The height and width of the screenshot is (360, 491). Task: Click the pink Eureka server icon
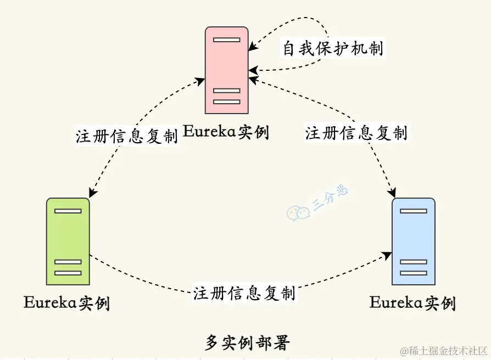pos(227,70)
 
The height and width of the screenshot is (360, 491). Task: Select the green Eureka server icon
pos(68,241)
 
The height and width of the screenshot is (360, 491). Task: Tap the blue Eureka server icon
pos(414,241)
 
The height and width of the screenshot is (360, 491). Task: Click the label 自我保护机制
pos(333,48)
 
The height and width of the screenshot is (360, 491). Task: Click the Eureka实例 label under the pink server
pos(226,132)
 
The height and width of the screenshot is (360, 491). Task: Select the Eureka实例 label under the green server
pos(66,302)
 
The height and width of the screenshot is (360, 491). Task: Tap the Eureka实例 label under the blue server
pos(412,302)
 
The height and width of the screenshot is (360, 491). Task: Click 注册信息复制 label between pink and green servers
pos(127,136)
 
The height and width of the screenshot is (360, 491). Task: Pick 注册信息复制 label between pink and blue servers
pos(356,132)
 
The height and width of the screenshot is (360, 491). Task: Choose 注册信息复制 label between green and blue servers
pos(244,292)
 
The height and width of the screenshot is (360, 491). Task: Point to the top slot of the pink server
pos(227,40)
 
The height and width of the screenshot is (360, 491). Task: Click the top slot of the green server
pos(68,211)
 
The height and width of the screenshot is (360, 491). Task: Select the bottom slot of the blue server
pos(414,273)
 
